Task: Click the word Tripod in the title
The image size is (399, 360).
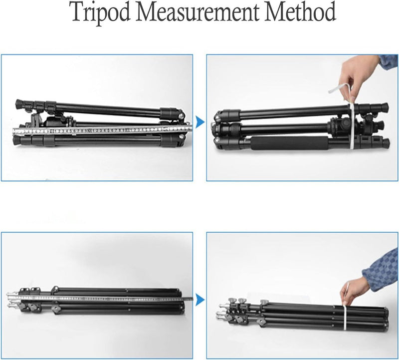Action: (x=101, y=12)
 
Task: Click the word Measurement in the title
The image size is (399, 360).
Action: (x=198, y=12)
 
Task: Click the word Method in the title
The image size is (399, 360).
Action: (x=301, y=12)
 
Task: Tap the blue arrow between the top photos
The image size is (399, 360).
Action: (x=200, y=122)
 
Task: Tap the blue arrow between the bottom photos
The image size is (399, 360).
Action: (x=200, y=300)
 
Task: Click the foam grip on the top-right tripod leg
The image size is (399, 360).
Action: (x=290, y=143)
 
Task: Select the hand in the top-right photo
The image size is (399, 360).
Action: (x=358, y=77)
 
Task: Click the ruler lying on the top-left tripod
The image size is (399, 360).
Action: (x=102, y=130)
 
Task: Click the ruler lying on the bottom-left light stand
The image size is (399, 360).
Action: (x=100, y=299)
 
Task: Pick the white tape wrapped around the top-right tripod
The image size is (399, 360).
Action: (x=352, y=126)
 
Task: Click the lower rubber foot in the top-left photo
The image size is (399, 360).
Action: (x=17, y=140)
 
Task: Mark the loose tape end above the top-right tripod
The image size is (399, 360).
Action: (x=339, y=88)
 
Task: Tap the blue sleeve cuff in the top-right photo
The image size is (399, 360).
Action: (x=389, y=62)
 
